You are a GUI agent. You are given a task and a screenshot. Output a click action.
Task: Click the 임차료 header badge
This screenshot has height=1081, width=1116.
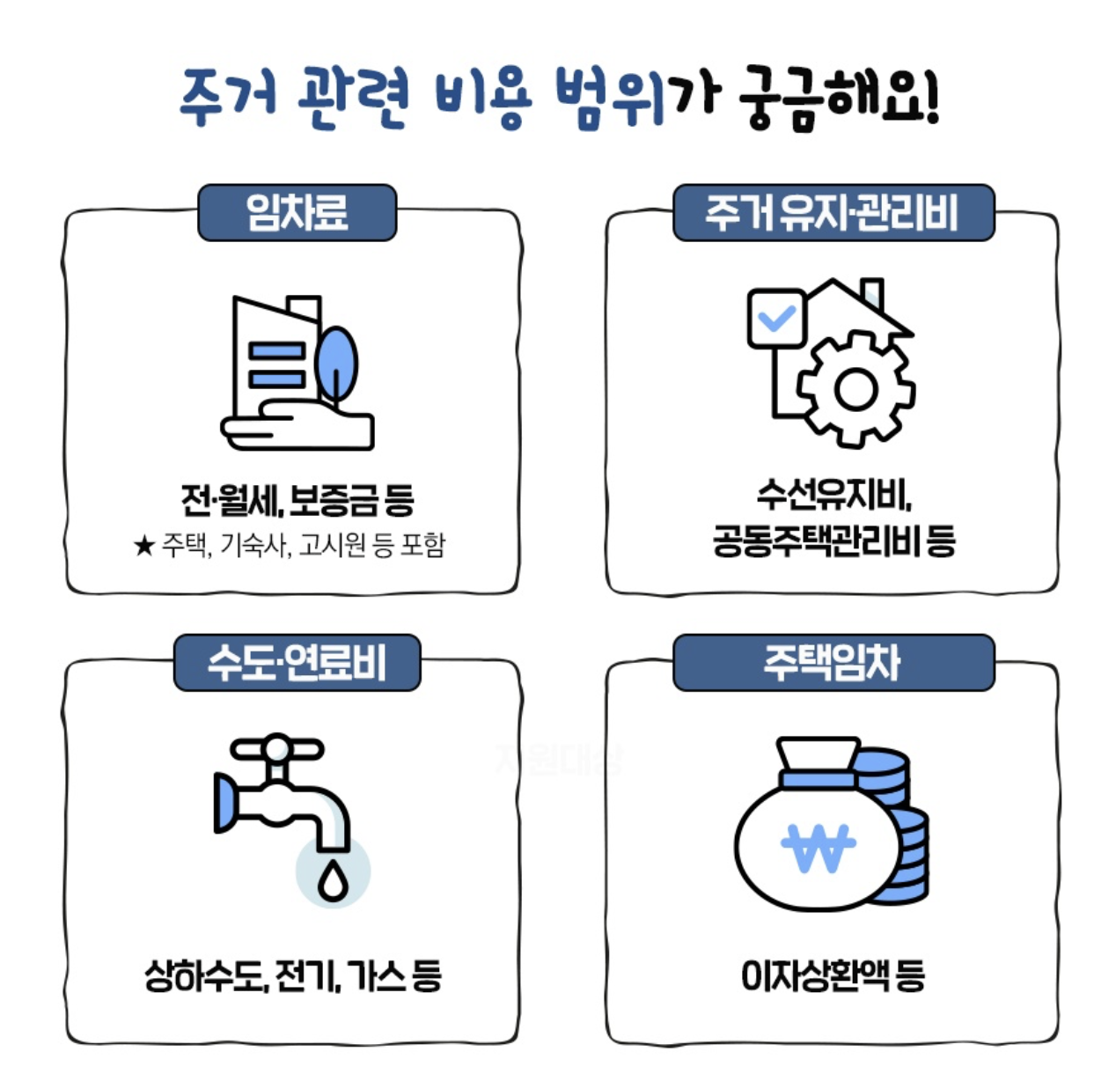(297, 212)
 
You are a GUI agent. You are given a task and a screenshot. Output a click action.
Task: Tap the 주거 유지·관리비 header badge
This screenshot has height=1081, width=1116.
(833, 212)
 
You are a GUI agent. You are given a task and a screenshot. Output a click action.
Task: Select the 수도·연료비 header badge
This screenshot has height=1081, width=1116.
(297, 662)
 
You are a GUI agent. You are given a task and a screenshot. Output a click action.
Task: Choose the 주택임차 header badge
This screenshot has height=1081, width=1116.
(833, 662)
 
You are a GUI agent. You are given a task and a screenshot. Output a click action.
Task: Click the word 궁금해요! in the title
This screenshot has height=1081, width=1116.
(840, 97)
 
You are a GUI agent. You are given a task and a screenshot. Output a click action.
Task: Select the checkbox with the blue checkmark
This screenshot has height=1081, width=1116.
(775, 317)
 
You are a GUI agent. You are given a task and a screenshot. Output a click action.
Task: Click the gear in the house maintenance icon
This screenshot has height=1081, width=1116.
(855, 388)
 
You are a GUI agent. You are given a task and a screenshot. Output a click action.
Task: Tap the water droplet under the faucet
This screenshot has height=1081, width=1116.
(333, 879)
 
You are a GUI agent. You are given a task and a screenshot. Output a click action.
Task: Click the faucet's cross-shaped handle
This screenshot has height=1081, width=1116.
(277, 750)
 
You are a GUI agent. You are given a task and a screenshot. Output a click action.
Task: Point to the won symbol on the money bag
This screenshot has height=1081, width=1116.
(818, 847)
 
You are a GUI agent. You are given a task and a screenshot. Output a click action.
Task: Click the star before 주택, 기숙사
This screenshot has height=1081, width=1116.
(143, 547)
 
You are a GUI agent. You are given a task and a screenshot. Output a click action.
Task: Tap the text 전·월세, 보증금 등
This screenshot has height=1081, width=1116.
(297, 500)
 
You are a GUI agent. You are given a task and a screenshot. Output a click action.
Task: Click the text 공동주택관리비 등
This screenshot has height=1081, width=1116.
(833, 540)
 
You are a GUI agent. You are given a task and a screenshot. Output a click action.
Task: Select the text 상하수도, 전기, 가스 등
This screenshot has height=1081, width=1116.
(293, 975)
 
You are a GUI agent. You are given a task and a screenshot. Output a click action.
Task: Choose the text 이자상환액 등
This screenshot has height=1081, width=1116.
(833, 975)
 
